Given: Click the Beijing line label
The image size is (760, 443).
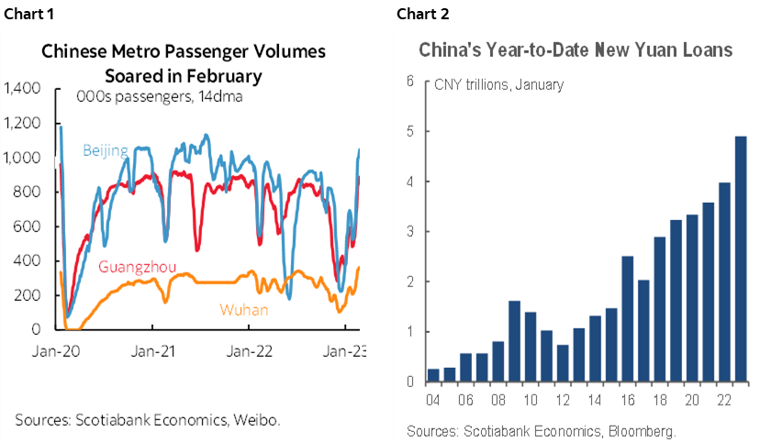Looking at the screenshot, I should click(x=105, y=150).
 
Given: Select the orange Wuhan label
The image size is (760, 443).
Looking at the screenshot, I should click(x=244, y=309).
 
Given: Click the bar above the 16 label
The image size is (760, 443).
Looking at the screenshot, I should click(x=627, y=318).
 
